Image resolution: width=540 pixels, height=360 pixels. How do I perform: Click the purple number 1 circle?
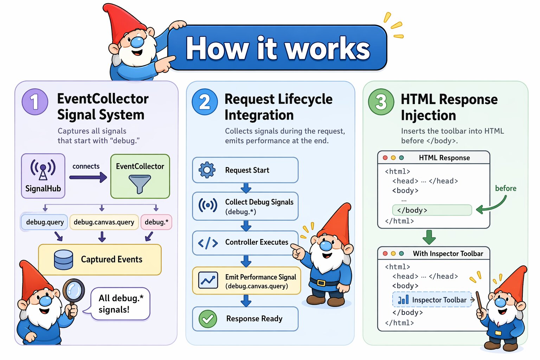pos(35,102)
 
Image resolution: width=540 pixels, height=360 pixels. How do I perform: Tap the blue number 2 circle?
pos(205,102)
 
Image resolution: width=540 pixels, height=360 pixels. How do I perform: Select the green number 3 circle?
pos(381,102)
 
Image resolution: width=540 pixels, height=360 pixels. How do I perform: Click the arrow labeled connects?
pos(88,177)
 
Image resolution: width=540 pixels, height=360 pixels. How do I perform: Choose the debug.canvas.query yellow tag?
pos(104,222)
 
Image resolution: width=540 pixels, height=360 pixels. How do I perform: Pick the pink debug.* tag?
pos(156,222)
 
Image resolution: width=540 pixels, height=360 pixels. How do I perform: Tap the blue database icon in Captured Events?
pos(64,260)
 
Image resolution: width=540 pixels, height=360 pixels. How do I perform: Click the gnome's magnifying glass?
pos(73,291)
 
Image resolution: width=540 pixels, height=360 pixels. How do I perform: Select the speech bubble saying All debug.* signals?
pos(121,304)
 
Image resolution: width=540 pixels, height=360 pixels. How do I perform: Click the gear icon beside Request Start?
pos(207,170)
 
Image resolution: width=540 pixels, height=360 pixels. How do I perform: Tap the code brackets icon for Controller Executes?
pos(208,243)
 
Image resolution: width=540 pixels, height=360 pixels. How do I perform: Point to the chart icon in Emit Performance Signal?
pos(208,281)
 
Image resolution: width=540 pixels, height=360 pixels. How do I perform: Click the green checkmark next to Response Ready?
pos(208,319)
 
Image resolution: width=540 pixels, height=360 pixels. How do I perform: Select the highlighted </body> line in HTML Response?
pos(432,210)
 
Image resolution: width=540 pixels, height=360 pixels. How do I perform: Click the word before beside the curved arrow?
pos(506,188)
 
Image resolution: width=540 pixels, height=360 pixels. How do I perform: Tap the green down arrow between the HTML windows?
pos(429,237)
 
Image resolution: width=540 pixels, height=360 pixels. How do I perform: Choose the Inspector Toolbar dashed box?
pos(432,300)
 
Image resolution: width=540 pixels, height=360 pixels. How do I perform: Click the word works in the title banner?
pos(327,49)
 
